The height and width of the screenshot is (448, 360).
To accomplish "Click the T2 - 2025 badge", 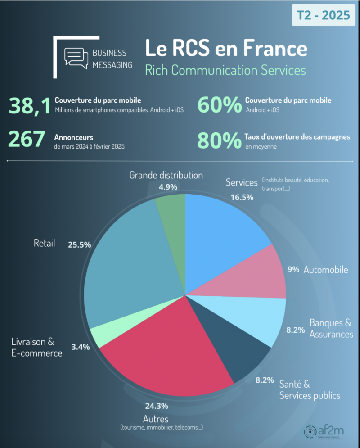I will click(x=323, y=15).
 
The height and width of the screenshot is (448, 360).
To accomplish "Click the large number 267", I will click(x=27, y=140).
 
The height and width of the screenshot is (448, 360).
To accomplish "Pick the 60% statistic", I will click(x=219, y=105).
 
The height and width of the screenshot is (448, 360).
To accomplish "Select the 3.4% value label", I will click(x=80, y=347).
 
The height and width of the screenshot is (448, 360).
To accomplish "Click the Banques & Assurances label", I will click(x=331, y=328).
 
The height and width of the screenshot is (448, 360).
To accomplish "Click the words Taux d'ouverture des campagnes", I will click(x=297, y=137).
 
